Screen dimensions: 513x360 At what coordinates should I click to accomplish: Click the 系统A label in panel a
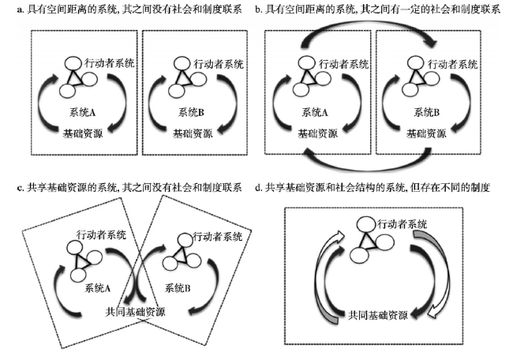[82, 113]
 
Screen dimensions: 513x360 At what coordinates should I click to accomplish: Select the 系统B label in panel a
[192, 113]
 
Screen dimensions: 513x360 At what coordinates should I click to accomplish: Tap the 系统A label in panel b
[315, 113]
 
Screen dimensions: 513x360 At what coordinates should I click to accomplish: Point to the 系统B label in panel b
[427, 113]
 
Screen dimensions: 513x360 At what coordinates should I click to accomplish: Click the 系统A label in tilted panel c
[98, 288]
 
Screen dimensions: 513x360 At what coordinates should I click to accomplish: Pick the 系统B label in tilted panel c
[178, 288]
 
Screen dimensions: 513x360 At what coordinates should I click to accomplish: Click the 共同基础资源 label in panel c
[135, 312]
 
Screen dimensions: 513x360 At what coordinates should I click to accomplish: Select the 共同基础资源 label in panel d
[378, 315]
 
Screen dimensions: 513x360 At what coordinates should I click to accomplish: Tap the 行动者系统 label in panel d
[403, 224]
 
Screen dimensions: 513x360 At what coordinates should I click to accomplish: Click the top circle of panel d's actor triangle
[366, 224]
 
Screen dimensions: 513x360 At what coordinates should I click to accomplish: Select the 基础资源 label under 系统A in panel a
[83, 133]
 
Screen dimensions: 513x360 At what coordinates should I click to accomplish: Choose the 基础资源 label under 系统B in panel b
[426, 133]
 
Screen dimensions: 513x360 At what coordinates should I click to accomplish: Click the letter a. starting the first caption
[21, 9]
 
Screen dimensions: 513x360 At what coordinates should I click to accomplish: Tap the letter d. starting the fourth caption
[259, 188]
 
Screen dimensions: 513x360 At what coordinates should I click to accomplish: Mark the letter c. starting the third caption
[21, 188]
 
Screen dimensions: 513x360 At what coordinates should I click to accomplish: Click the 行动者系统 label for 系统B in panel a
[219, 64]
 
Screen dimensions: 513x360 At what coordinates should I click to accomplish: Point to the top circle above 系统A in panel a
[73, 63]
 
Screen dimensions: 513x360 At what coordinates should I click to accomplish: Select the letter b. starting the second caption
[259, 9]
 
